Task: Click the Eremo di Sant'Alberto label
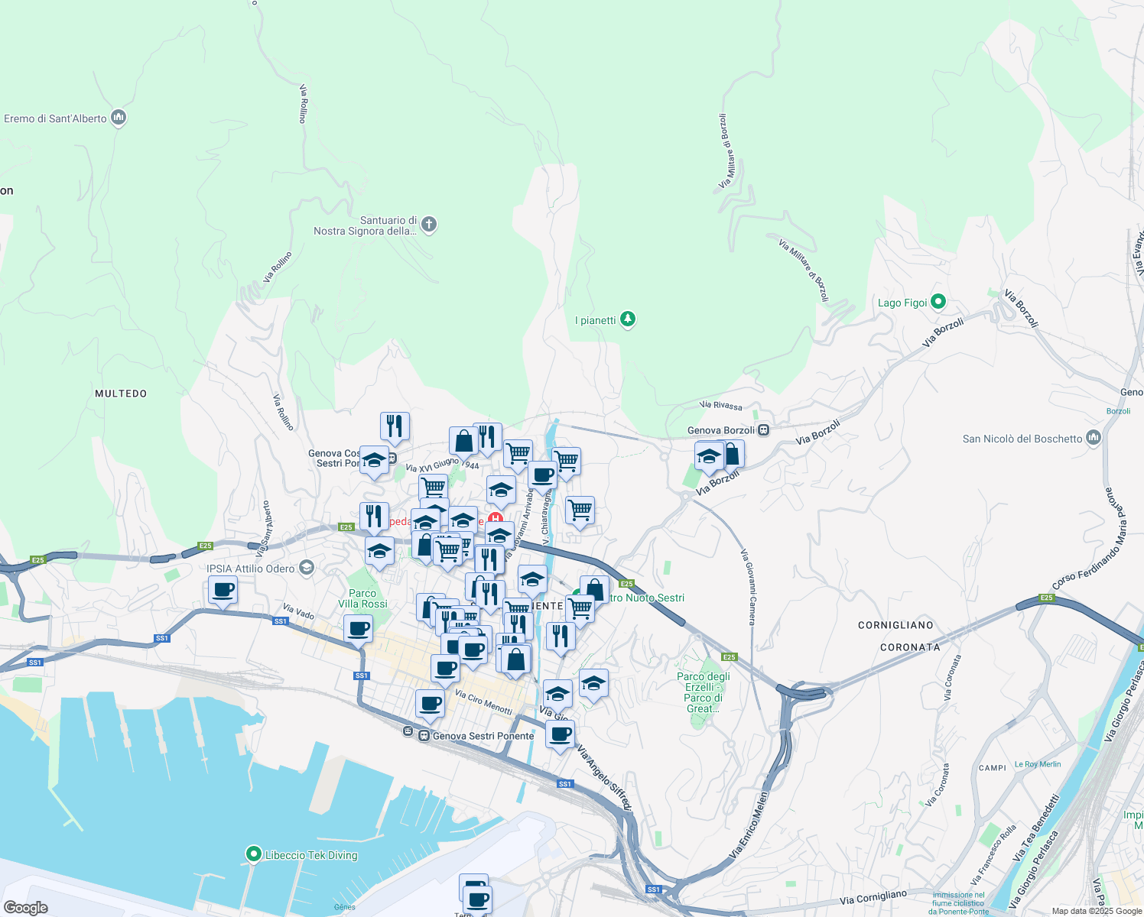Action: pyautogui.click(x=55, y=118)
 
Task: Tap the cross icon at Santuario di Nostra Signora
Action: pyautogui.click(x=429, y=225)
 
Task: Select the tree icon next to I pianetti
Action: pyautogui.click(x=628, y=319)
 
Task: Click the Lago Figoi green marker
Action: pyautogui.click(x=938, y=303)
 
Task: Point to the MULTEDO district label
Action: pyautogui.click(x=121, y=394)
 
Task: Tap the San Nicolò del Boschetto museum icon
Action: pyautogui.click(x=1094, y=438)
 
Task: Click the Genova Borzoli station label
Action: pyautogui.click(x=720, y=430)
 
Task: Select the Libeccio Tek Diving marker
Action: pyautogui.click(x=253, y=854)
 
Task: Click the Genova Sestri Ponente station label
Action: pyautogui.click(x=483, y=736)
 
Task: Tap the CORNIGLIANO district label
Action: pyautogui.click(x=895, y=625)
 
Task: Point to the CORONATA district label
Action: pyautogui.click(x=910, y=647)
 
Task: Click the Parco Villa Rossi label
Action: pyautogui.click(x=362, y=598)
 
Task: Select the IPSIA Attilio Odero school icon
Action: pyautogui.click(x=307, y=567)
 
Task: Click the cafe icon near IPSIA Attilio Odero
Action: pyautogui.click(x=223, y=591)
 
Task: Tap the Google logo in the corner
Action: pyautogui.click(x=26, y=908)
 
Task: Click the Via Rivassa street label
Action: pyautogui.click(x=720, y=405)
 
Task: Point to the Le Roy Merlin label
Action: pyautogui.click(x=1038, y=764)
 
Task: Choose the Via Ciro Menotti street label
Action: pyautogui.click(x=483, y=702)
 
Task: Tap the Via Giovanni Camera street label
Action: pyautogui.click(x=748, y=587)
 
